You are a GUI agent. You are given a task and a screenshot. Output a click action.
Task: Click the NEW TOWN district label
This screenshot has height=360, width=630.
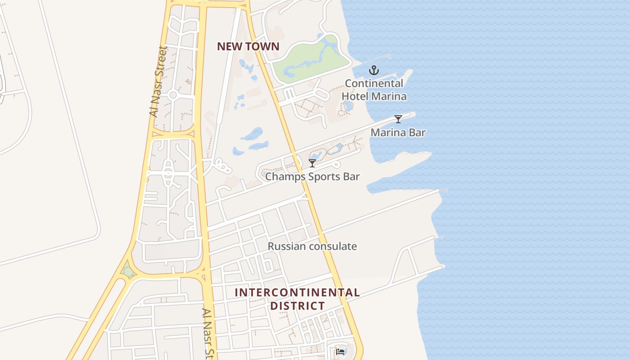coord(248,46)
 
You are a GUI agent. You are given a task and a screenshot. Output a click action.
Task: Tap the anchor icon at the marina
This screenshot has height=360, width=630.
coord(373,70)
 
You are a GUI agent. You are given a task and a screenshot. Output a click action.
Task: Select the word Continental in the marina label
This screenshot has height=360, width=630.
coord(374,84)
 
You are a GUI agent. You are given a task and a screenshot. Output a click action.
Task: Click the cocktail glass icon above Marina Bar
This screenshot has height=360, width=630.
coord(398,119)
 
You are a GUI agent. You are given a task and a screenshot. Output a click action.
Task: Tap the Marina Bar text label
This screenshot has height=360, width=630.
coord(398,133)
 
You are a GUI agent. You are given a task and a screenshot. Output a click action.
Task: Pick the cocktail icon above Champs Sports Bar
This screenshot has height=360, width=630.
coord(312,163)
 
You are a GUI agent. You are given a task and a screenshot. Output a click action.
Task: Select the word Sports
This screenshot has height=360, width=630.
coord(323,176)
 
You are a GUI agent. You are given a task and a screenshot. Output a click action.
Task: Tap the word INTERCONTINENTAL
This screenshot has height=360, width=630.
coord(297,292)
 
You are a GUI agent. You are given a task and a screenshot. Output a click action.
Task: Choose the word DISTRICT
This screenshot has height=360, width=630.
coord(297,306)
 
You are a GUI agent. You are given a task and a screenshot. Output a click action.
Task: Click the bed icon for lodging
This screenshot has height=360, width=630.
coord(340,351)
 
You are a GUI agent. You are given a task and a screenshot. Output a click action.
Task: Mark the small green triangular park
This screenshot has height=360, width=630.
coord(128,271)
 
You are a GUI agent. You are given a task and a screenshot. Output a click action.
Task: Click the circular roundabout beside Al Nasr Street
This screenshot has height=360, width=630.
coord(173,95)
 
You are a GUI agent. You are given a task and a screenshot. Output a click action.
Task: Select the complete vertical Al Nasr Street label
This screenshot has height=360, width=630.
coord(159,81)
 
